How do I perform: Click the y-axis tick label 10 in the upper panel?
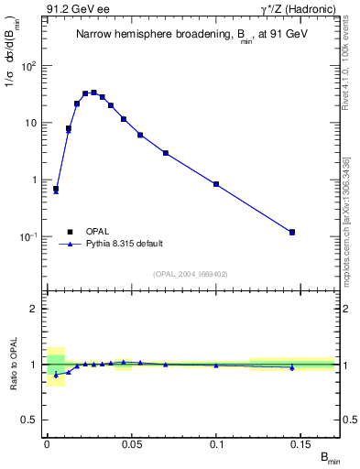[x=32, y=123]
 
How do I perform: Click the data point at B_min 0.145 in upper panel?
[x=292, y=232]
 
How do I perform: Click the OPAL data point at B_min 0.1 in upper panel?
[x=216, y=184]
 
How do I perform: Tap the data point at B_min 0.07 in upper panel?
[x=166, y=153]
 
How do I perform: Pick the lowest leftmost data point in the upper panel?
[x=56, y=189]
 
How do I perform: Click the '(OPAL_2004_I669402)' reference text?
[x=191, y=273]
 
